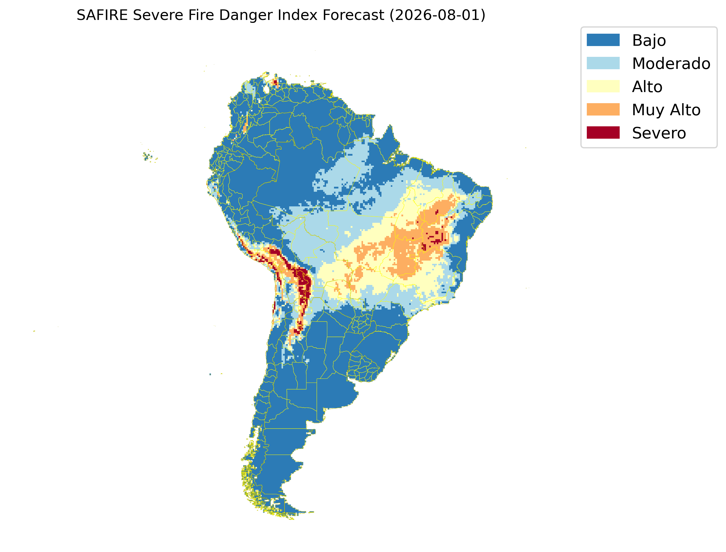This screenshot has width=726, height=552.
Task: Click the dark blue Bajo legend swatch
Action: (603, 40)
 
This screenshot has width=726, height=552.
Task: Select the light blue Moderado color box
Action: (603, 63)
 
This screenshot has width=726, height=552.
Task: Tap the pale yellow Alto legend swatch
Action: (603, 86)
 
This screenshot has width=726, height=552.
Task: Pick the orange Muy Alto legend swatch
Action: (603, 109)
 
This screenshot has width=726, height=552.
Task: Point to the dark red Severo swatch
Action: (603, 133)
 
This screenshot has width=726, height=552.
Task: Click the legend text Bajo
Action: (649, 41)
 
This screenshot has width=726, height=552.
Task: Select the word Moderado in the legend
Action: (671, 63)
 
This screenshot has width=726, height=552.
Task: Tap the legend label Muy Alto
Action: (666, 110)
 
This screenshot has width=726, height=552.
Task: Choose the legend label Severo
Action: (659, 133)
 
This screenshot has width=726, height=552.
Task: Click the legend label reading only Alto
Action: (647, 87)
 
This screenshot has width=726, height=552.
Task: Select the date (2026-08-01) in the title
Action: (437, 16)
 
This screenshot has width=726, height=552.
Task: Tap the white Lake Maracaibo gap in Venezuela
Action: (266, 89)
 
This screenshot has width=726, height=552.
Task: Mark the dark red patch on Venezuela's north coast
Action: (275, 82)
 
